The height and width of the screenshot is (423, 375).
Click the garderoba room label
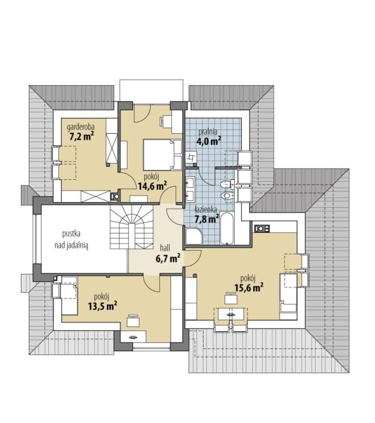(81, 127)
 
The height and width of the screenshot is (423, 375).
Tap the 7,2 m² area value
(82, 136)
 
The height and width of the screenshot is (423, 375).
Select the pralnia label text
(208, 132)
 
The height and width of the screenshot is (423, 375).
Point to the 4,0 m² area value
(208, 141)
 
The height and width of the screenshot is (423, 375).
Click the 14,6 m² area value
(152, 186)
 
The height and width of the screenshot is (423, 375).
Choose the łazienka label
(206, 209)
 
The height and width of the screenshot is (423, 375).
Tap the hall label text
(165, 248)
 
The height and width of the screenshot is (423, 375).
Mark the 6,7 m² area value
(168, 258)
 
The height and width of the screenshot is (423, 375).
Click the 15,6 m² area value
(249, 288)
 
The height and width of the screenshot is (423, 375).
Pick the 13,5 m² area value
(102, 306)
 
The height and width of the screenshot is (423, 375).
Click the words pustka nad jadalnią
(71, 239)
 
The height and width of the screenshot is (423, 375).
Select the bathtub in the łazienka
(227, 229)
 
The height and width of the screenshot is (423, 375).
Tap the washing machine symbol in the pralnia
(191, 157)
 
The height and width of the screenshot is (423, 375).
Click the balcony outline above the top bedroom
(151, 91)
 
